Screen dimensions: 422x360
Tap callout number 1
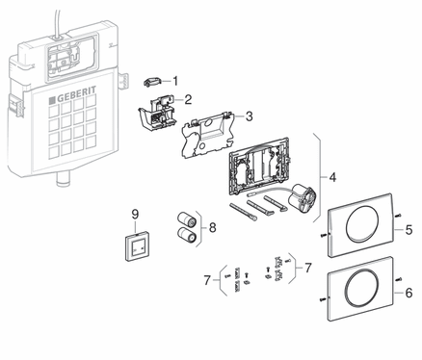tap(175, 81)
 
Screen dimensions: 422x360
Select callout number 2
tap(188, 99)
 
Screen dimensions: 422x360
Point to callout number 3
tap(249, 116)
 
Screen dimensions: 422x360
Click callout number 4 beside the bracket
tap(332, 177)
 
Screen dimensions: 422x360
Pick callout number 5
tap(409, 230)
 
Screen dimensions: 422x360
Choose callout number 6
tap(409, 293)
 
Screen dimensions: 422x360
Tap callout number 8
tap(212, 228)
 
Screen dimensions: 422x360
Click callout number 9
tap(135, 214)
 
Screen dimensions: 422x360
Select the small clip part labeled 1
tap(150, 82)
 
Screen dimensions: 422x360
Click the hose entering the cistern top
tap(57, 22)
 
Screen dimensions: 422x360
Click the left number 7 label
tap(207, 280)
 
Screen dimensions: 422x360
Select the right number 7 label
tap(308, 268)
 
